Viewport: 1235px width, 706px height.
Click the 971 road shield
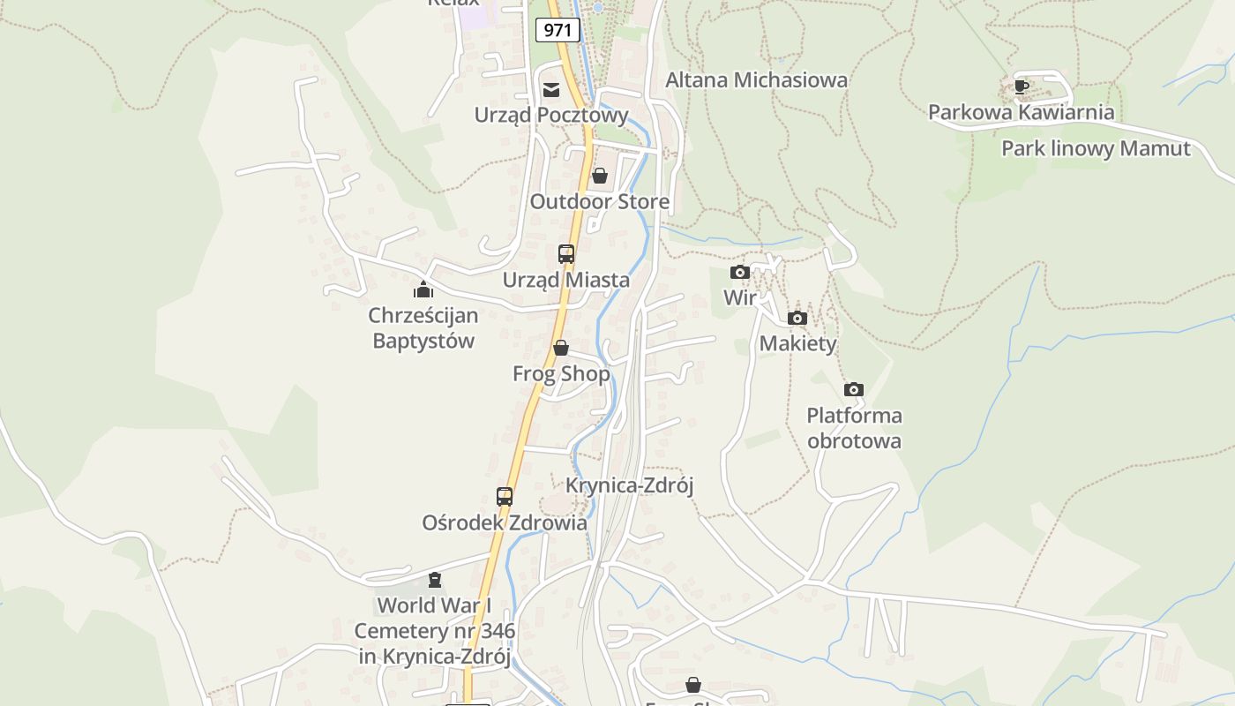[558, 30]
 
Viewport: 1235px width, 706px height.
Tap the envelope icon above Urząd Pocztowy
[551, 89]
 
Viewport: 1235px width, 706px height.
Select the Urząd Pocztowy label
[551, 115]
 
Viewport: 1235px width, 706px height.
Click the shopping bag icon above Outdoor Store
[600, 176]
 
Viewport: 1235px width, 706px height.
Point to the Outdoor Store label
[599, 201]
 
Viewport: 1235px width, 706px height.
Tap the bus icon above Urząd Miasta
[566, 254]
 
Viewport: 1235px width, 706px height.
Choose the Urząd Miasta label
[566, 280]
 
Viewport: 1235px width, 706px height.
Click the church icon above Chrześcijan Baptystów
[423, 289]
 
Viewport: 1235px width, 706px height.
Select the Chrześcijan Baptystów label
[423, 327]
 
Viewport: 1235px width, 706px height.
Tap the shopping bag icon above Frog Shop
[561, 349]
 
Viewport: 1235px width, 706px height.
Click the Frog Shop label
[561, 373]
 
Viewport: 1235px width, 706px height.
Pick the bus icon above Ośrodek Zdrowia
[505, 497]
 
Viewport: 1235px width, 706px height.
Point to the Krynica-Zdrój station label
[630, 485]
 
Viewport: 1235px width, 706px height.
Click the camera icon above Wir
[740, 273]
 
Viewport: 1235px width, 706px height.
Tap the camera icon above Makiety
[797, 319]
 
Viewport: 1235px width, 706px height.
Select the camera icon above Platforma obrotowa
[854, 390]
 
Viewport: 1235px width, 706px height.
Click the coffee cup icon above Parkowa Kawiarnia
[1021, 86]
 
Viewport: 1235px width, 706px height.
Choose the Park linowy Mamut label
[1096, 148]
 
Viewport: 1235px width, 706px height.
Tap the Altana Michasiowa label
[756, 79]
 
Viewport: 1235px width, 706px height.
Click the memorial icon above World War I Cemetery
[434, 580]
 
